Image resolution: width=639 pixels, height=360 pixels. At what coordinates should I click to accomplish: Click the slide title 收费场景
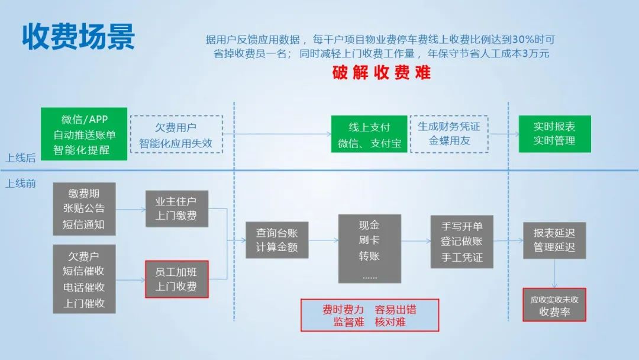(x=79, y=37)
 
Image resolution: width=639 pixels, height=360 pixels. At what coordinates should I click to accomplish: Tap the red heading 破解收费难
(x=382, y=73)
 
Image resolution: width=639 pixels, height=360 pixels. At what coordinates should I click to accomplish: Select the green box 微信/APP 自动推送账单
(x=85, y=134)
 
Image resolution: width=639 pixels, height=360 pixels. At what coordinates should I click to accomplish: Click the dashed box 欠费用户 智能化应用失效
(x=176, y=135)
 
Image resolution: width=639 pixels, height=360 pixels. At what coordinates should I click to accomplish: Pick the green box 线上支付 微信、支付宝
(x=369, y=135)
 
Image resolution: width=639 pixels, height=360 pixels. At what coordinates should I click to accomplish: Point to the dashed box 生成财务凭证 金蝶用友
(x=449, y=134)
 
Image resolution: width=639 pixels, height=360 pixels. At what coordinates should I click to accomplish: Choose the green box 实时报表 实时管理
(x=554, y=134)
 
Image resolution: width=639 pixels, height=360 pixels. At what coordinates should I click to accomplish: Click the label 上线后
(x=21, y=158)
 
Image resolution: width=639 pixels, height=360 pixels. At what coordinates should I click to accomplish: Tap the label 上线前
(x=21, y=184)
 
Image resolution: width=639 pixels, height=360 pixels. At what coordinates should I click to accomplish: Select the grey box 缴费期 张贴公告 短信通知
(x=84, y=209)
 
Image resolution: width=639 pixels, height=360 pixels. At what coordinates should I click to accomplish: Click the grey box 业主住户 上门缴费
(x=176, y=208)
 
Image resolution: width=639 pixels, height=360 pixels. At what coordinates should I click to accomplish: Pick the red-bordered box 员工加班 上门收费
(x=176, y=279)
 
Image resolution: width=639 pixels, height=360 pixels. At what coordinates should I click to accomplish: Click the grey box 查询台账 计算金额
(x=277, y=240)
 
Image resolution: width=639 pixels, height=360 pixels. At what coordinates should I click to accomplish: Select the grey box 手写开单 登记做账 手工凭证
(x=461, y=242)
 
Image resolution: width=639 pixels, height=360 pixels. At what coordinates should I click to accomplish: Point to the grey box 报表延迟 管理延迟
(x=554, y=240)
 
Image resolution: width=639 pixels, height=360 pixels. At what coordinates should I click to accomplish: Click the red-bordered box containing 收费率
(x=554, y=306)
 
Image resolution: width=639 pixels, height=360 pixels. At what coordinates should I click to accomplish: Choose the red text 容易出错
(x=395, y=309)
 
